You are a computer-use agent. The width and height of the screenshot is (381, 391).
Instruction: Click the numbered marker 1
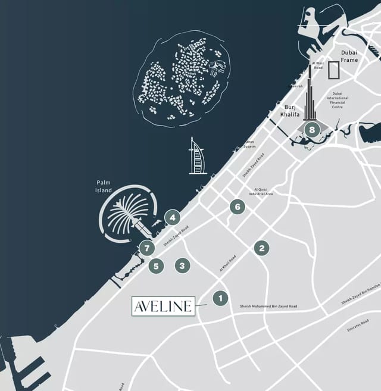point(220,298)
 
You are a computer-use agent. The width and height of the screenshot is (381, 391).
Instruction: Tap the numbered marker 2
point(261,248)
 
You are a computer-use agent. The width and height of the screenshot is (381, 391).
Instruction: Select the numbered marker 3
point(182,265)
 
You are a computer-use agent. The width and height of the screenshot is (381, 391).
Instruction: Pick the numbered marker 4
point(173,217)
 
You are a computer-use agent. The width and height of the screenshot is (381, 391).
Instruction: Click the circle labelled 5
point(156,266)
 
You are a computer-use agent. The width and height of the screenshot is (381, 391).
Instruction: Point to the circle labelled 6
point(237,207)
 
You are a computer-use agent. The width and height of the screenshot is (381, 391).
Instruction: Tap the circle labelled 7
point(146,248)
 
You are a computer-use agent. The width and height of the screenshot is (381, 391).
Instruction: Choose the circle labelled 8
point(311,129)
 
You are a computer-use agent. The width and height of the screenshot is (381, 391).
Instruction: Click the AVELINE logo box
point(163,306)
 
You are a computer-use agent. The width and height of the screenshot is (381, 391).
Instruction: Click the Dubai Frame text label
point(349,57)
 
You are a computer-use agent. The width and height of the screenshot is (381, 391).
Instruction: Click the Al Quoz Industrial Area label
point(261,192)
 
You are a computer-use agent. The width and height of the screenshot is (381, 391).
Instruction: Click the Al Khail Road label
point(227,263)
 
